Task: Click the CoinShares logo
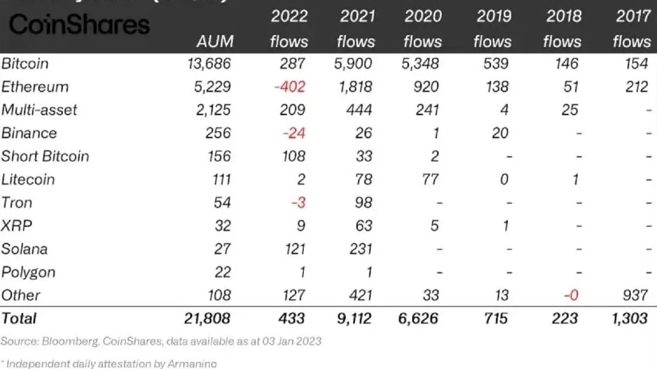pos(79,25)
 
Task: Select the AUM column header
pos(215,42)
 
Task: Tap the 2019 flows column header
pos(493,29)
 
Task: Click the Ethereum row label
pos(34,87)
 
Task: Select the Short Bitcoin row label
pos(45,156)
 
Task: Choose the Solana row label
pos(25,249)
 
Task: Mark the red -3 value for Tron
pos(298,203)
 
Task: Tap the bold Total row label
pos(19,319)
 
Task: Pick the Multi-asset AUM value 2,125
pos(212,110)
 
